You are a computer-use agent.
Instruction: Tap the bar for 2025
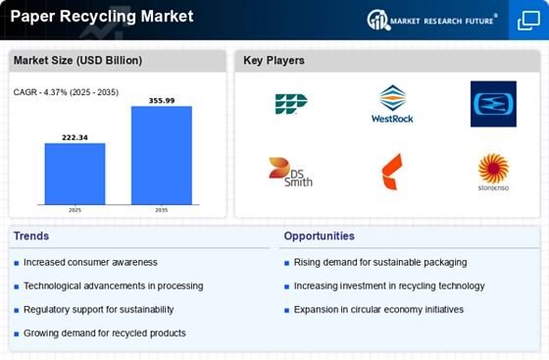pos(75,174)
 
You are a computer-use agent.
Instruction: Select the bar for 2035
pos(162,155)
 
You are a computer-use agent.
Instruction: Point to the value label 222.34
pos(75,137)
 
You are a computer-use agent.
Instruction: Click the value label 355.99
pos(162,100)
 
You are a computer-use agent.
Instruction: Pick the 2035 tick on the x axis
pos(162,210)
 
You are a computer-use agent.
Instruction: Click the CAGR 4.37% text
pos(63,92)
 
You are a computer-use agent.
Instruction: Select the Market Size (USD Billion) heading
pos(77,61)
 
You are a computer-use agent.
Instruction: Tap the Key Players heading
pos(274,61)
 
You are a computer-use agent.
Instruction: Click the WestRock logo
pos(392,105)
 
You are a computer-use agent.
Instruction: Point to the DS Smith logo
pos(290,172)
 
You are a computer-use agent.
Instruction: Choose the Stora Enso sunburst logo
pos(493,172)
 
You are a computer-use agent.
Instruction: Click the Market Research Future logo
pos(430,20)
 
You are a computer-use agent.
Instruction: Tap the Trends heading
pos(30,236)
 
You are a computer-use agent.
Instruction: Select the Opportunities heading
pos(320,236)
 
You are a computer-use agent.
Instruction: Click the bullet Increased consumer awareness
pos(90,262)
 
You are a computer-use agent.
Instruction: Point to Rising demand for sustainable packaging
pos(379,262)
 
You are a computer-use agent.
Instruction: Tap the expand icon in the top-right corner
pos(527,20)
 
